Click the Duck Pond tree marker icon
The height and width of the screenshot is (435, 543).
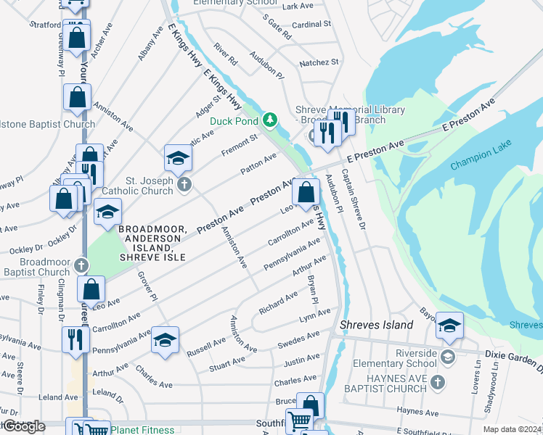coord(270,119)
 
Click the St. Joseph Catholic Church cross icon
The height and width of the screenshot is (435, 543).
coord(184,186)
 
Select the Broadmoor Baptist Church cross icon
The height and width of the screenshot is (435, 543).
coord(81,265)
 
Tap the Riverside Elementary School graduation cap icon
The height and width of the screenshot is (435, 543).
coord(448,356)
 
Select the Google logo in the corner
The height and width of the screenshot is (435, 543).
coord(23,426)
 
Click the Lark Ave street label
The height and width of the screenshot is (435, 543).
coord(297,6)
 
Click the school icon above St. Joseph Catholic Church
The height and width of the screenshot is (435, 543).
coord(178,157)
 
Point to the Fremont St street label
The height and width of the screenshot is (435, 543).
coord(240,144)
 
